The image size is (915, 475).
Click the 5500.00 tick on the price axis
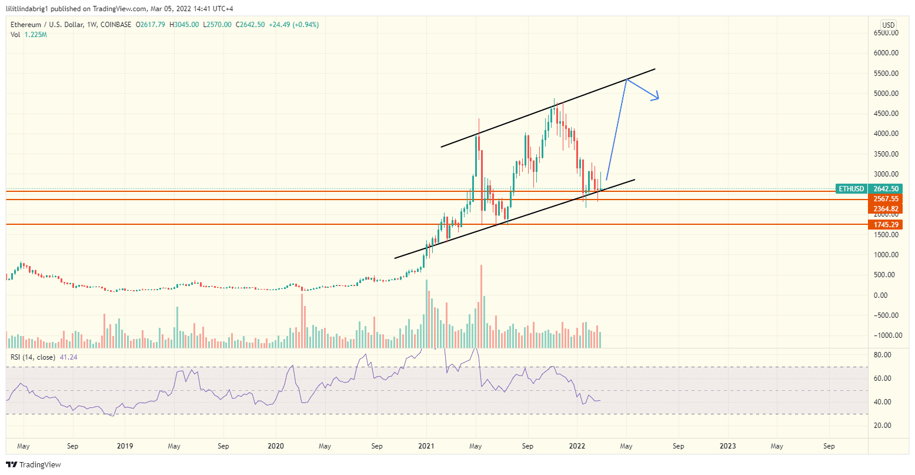click(x=885, y=73)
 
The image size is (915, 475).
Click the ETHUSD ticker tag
click(x=851, y=189)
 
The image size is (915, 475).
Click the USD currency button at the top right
click(x=887, y=25)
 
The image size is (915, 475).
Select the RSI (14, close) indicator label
click(x=33, y=357)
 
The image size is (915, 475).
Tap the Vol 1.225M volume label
click(x=29, y=35)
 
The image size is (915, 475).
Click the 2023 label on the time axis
click(x=728, y=446)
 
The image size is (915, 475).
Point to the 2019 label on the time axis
click(x=125, y=446)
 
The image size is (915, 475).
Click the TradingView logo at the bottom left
click(x=34, y=465)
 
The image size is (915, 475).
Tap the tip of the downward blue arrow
click(x=659, y=98)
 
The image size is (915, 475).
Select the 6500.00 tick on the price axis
click(x=885, y=33)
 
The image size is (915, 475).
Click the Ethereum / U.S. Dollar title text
click(x=53, y=25)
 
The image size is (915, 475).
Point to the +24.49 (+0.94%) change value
click(x=293, y=25)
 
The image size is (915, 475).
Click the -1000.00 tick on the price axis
click(x=884, y=336)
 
